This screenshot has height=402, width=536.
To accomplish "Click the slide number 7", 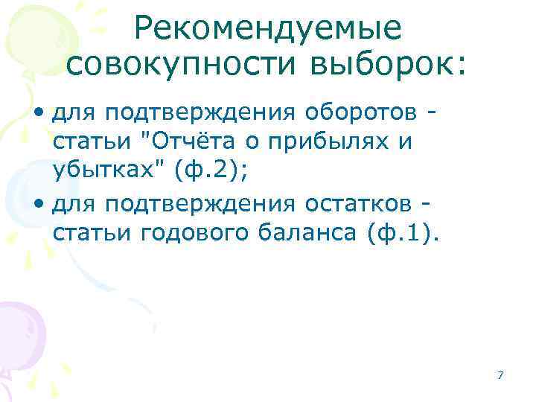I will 500,374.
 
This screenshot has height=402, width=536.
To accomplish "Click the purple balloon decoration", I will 19,328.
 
